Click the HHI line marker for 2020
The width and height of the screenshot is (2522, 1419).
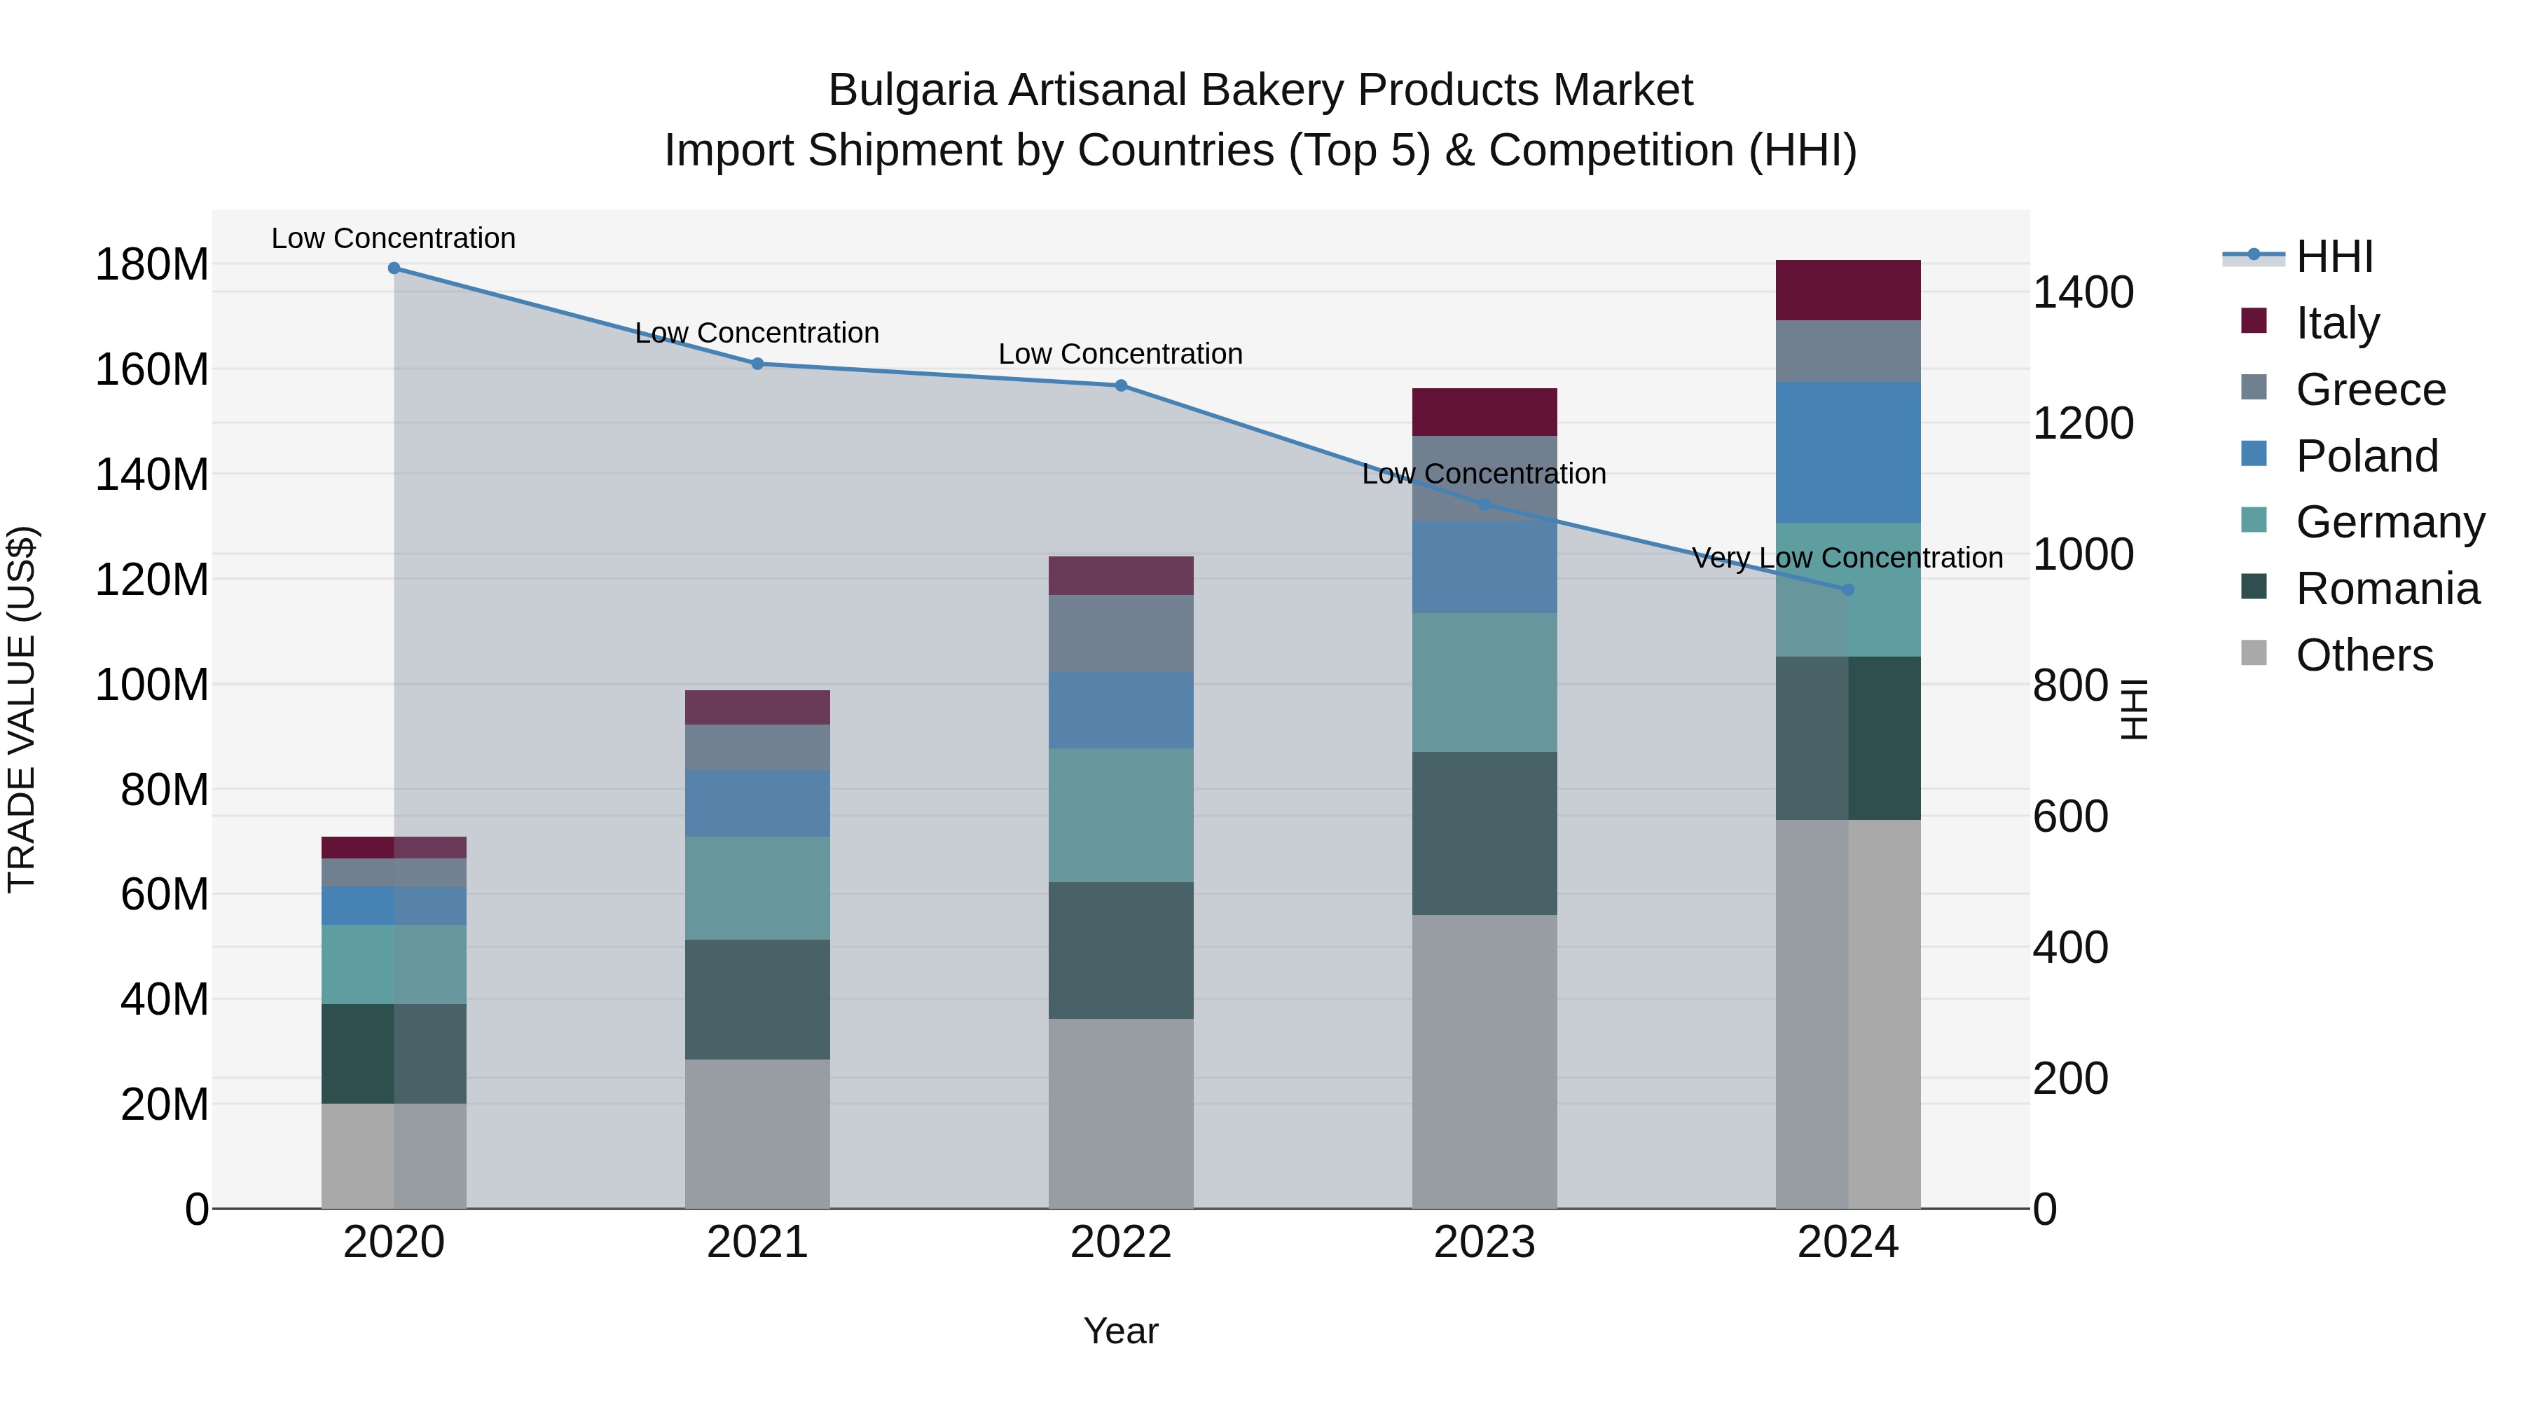(x=394, y=268)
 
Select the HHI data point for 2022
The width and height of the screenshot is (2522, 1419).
(x=1121, y=386)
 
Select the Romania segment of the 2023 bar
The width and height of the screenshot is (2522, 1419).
(x=1484, y=833)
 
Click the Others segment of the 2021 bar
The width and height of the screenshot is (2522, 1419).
(x=757, y=1133)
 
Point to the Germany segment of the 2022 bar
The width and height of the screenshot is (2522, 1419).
(x=1121, y=815)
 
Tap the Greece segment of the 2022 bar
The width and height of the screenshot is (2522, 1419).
(x=1121, y=633)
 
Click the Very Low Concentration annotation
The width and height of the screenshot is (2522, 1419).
(x=1847, y=558)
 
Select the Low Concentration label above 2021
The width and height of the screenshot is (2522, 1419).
(x=757, y=333)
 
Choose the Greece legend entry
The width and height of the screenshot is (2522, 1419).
(x=2369, y=390)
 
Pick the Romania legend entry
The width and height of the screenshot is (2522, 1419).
(x=2386, y=589)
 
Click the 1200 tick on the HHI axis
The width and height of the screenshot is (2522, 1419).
(x=2083, y=423)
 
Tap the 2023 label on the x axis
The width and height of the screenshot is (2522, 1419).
(x=1484, y=1242)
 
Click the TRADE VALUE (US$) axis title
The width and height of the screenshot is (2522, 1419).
(x=22, y=709)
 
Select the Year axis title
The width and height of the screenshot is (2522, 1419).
(x=1121, y=1331)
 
